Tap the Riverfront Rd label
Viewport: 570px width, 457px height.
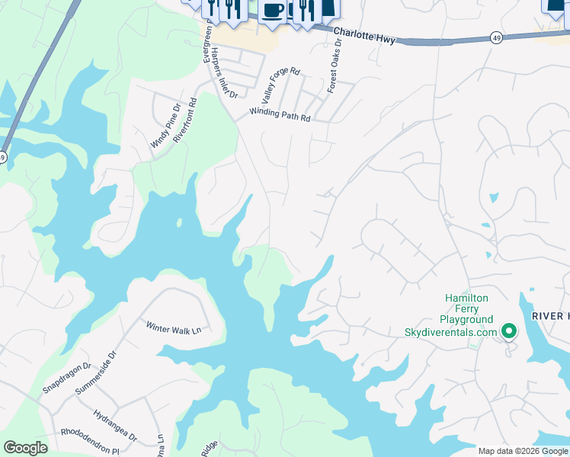pyautogui.click(x=185, y=120)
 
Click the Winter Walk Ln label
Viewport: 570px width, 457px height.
pyautogui.click(x=173, y=328)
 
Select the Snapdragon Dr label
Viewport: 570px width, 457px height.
pyautogui.click(x=66, y=377)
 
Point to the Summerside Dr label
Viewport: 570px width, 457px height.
pyautogui.click(x=97, y=372)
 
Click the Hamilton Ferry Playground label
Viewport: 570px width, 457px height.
pyautogui.click(x=468, y=308)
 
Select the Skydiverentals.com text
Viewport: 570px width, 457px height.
pyautogui.click(x=450, y=332)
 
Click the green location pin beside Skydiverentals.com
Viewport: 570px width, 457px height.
pyautogui.click(x=508, y=331)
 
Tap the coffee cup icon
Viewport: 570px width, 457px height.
pyautogui.click(x=273, y=11)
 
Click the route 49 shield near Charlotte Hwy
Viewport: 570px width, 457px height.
pyautogui.click(x=496, y=38)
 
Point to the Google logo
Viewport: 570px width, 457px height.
pyautogui.click(x=25, y=448)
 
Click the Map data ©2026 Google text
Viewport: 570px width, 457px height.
pyautogui.click(x=523, y=451)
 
